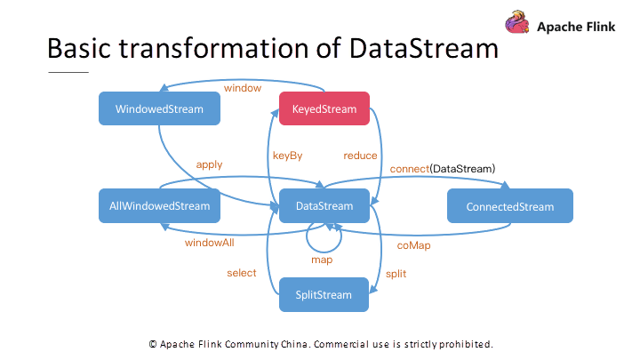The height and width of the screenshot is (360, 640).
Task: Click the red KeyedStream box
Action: pos(324,108)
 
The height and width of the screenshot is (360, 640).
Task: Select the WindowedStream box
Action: pos(160,109)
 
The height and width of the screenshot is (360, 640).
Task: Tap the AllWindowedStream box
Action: pos(160,206)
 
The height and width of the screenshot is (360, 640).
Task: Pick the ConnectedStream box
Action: pos(509,206)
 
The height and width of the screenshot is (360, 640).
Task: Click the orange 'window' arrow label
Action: pos(243,89)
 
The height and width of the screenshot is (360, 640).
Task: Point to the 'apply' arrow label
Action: pos(210,164)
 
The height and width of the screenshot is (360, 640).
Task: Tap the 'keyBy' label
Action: pos(287,156)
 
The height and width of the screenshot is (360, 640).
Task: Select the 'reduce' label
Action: pos(361,156)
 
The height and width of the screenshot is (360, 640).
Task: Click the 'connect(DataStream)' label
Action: pos(442,168)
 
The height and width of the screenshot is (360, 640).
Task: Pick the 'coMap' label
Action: pos(413,244)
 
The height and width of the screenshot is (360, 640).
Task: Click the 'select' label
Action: pos(242,273)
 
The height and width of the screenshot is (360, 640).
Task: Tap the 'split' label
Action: pos(396,273)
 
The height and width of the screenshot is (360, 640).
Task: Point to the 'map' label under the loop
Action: pos(322,260)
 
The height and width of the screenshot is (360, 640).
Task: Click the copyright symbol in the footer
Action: pos(154,343)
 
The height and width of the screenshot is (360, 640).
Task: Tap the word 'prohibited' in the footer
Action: pos(464,343)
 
